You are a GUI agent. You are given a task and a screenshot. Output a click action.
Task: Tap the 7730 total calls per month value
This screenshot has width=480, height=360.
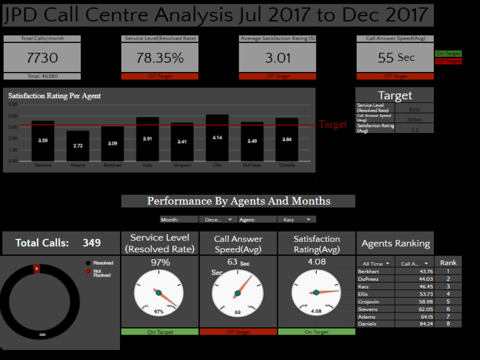[42, 58]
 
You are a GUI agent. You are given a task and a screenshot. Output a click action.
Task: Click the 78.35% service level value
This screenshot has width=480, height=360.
[160, 58]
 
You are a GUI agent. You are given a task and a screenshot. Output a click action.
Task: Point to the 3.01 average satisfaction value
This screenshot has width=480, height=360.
[278, 58]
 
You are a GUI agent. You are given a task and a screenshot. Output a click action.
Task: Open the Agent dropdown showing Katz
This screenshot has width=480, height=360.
[297, 219]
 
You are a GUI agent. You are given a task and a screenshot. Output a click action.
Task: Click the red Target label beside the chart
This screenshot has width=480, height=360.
[333, 125]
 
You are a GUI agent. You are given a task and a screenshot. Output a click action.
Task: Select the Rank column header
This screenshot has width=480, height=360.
[448, 263]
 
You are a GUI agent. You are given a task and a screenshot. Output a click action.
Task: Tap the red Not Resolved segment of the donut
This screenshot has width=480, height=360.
[36, 269]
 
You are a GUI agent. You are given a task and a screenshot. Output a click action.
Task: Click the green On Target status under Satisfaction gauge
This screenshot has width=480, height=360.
[316, 332]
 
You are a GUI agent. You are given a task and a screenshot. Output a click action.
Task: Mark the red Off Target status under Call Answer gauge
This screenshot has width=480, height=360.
[238, 332]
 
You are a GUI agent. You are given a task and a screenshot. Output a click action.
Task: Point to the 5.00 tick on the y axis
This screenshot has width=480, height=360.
[12, 104]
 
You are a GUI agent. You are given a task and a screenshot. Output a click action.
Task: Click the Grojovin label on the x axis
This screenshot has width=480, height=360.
[182, 166]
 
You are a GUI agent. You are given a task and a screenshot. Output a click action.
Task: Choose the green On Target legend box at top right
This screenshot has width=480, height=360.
[448, 54]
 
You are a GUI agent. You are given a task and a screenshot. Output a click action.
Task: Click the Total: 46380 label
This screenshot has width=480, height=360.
[42, 76]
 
